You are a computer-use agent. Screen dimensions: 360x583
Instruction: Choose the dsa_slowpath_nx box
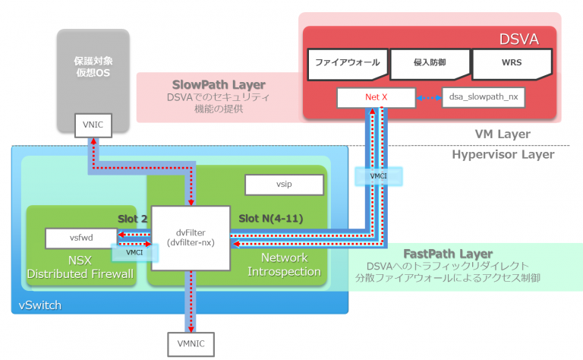point(483,97)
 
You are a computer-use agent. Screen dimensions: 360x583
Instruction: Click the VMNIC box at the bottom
point(191,344)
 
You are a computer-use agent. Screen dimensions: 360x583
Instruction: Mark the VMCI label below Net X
point(377,176)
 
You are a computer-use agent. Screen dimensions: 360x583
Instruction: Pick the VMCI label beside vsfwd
point(134,252)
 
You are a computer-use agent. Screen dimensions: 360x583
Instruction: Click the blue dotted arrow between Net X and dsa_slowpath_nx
point(429,97)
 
